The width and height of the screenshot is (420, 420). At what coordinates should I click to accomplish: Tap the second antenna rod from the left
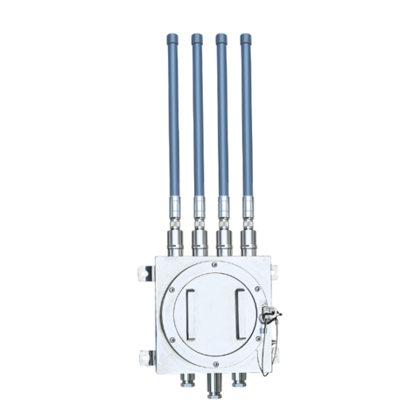coord(197,122)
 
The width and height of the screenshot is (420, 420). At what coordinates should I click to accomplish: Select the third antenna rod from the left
coord(221,122)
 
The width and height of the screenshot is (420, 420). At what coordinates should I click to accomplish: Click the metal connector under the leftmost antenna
coord(173,237)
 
